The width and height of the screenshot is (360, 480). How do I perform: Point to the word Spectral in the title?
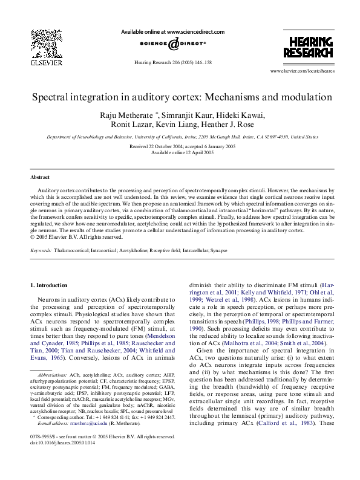tap(51, 97)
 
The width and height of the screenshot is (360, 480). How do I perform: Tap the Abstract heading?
tap(41, 177)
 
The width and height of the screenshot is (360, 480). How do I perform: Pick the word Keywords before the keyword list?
tap(41, 249)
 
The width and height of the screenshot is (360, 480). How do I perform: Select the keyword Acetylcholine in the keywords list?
tap(151, 249)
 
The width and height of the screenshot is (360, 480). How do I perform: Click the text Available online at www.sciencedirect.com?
tap(172, 31)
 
